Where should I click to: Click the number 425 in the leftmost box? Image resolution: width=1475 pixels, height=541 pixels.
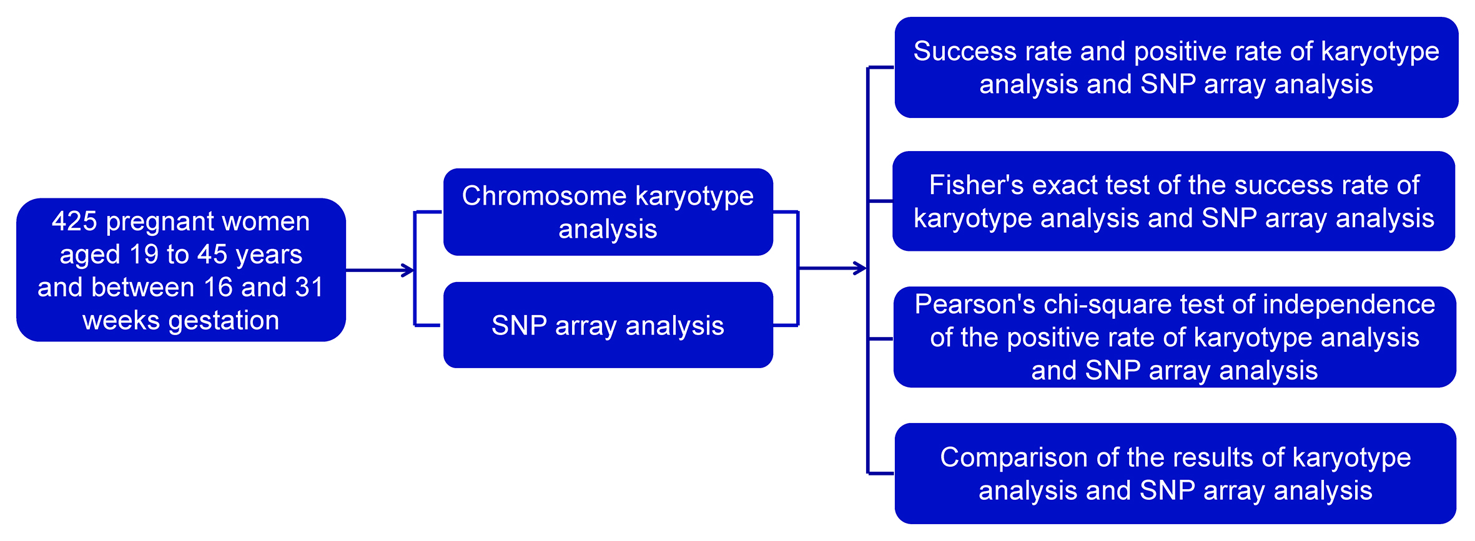coord(74,222)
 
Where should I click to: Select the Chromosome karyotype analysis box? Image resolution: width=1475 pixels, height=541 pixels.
coord(608,212)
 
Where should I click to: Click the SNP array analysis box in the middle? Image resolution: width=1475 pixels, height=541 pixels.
coord(608,326)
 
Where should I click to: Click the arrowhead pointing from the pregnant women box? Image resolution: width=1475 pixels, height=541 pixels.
coord(408,270)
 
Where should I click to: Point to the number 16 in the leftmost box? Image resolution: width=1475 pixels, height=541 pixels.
coord(218,288)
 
